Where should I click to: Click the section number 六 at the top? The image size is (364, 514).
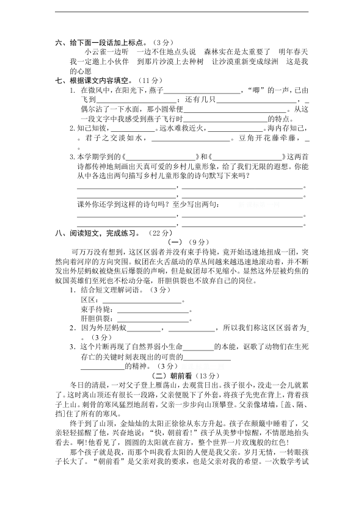[x=58, y=43]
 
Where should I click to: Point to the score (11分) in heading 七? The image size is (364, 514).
[x=145, y=80]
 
